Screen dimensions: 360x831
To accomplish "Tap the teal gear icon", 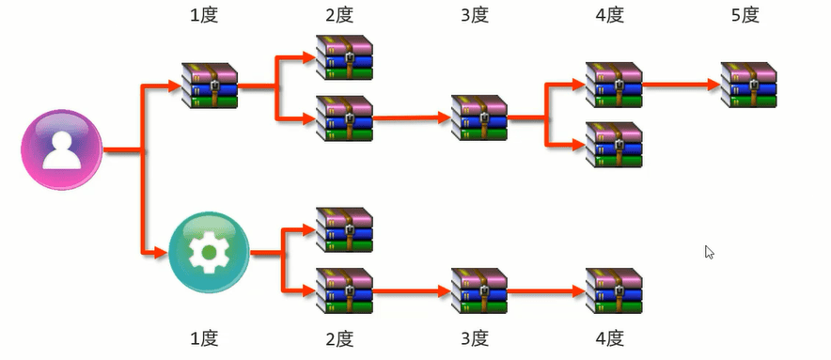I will coord(209,253).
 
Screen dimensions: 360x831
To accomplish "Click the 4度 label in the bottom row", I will coord(614,337).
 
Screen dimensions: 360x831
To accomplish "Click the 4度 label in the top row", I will coord(614,16).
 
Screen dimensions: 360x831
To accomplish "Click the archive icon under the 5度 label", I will coord(748,86).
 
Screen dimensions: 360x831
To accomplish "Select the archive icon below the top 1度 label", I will coord(209,86).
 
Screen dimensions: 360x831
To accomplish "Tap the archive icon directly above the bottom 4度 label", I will coord(614,290).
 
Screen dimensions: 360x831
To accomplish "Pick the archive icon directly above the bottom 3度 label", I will coord(479,290).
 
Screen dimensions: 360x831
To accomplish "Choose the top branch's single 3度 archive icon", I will coord(479,117).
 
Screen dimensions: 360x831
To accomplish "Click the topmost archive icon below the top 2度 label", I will coord(344,57).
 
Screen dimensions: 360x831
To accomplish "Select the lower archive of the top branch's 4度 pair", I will coord(614,144).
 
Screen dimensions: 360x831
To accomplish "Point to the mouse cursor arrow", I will coord(709,252).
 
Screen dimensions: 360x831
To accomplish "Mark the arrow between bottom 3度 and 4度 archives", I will coord(545,291).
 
